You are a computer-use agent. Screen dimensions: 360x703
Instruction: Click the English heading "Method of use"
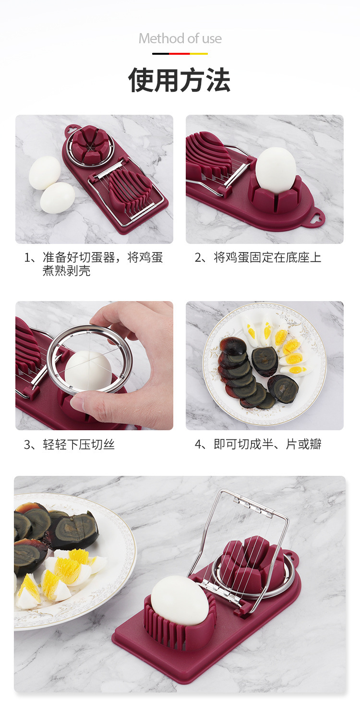[180, 38]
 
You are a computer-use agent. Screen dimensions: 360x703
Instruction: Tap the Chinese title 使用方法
[180, 80]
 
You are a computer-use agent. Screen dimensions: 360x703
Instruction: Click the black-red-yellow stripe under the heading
[180, 54]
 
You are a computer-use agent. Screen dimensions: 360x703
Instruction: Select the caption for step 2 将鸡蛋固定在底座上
[258, 257]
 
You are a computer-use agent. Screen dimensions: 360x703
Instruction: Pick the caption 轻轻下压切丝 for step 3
[69, 444]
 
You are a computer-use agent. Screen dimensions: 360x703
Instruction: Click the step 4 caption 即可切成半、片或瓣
[258, 444]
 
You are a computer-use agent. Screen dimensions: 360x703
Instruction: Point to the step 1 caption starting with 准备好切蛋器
[94, 264]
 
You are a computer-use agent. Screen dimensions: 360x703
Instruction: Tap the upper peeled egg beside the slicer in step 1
[45, 172]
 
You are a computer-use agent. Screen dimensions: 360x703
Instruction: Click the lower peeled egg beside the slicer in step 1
[58, 198]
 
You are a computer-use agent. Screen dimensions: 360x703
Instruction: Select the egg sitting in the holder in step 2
[276, 170]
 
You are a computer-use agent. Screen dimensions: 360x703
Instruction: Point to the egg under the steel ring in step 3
[88, 370]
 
